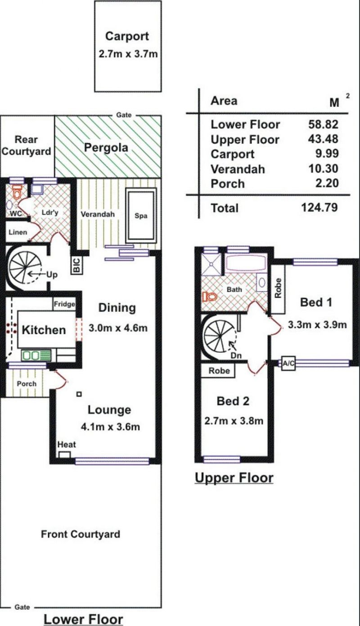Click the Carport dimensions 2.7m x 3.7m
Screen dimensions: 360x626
pyautogui.click(x=128, y=54)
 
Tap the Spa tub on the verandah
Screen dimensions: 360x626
pyautogui.click(x=141, y=216)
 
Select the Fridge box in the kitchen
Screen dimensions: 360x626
pyautogui.click(x=64, y=304)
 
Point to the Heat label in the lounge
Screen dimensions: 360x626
pyautogui.click(x=67, y=444)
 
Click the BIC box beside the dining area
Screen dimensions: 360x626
pyautogui.click(x=77, y=265)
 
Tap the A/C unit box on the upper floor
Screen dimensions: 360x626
pyautogui.click(x=288, y=363)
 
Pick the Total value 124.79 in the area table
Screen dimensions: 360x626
pyautogui.click(x=319, y=207)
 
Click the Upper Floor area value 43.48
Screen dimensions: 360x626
pyautogui.click(x=323, y=139)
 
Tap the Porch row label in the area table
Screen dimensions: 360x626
pyautogui.click(x=228, y=184)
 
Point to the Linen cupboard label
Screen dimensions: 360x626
pyautogui.click(x=18, y=232)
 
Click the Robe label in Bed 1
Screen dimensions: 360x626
pyautogui.click(x=278, y=288)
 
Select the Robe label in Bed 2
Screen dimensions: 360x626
pyautogui.click(x=219, y=370)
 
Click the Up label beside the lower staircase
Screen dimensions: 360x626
pyautogui.click(x=52, y=275)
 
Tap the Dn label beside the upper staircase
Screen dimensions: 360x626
pyautogui.click(x=236, y=356)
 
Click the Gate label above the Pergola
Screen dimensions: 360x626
pyautogui.click(x=124, y=115)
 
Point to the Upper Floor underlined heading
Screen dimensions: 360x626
pyautogui.click(x=234, y=477)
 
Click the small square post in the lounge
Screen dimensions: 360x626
pyautogui.click(x=79, y=394)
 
